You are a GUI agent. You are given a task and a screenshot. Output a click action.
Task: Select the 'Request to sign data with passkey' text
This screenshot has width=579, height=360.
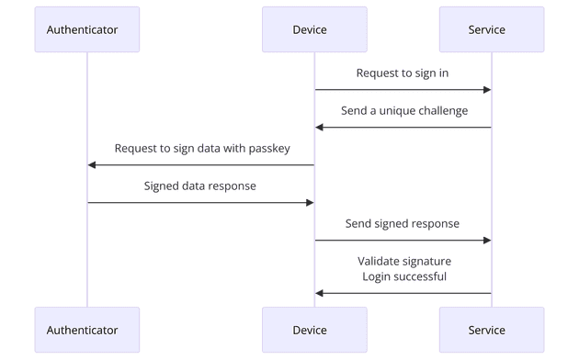(x=201, y=149)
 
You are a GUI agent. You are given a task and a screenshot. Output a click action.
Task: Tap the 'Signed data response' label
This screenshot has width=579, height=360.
(x=200, y=186)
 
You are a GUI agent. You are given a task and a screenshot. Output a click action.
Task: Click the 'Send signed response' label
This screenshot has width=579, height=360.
(x=403, y=223)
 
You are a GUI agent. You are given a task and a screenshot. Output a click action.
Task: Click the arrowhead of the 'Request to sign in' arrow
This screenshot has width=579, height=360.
(x=486, y=90)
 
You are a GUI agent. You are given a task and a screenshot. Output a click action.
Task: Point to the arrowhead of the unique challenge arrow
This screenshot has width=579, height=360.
(x=320, y=128)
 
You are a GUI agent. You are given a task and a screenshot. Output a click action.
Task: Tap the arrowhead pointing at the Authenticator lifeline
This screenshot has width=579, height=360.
(x=93, y=165)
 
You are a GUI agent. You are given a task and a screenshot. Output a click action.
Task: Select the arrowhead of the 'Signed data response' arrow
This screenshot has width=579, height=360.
(x=309, y=203)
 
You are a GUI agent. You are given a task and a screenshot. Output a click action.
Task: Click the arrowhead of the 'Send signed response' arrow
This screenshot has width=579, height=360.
(x=486, y=241)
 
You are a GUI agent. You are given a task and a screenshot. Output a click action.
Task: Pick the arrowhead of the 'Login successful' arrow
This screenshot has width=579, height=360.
(x=320, y=293)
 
